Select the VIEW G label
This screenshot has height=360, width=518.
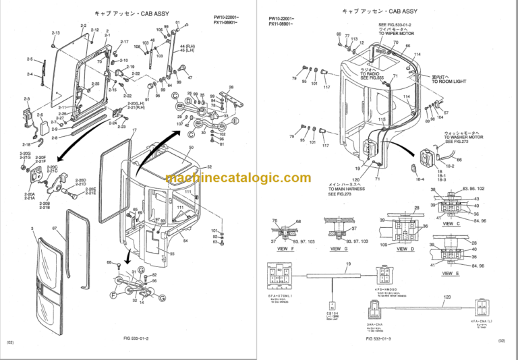(x=340, y=249)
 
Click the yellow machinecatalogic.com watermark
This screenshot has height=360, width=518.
(x=238, y=178)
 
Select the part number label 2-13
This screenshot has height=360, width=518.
(x=55, y=33)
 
